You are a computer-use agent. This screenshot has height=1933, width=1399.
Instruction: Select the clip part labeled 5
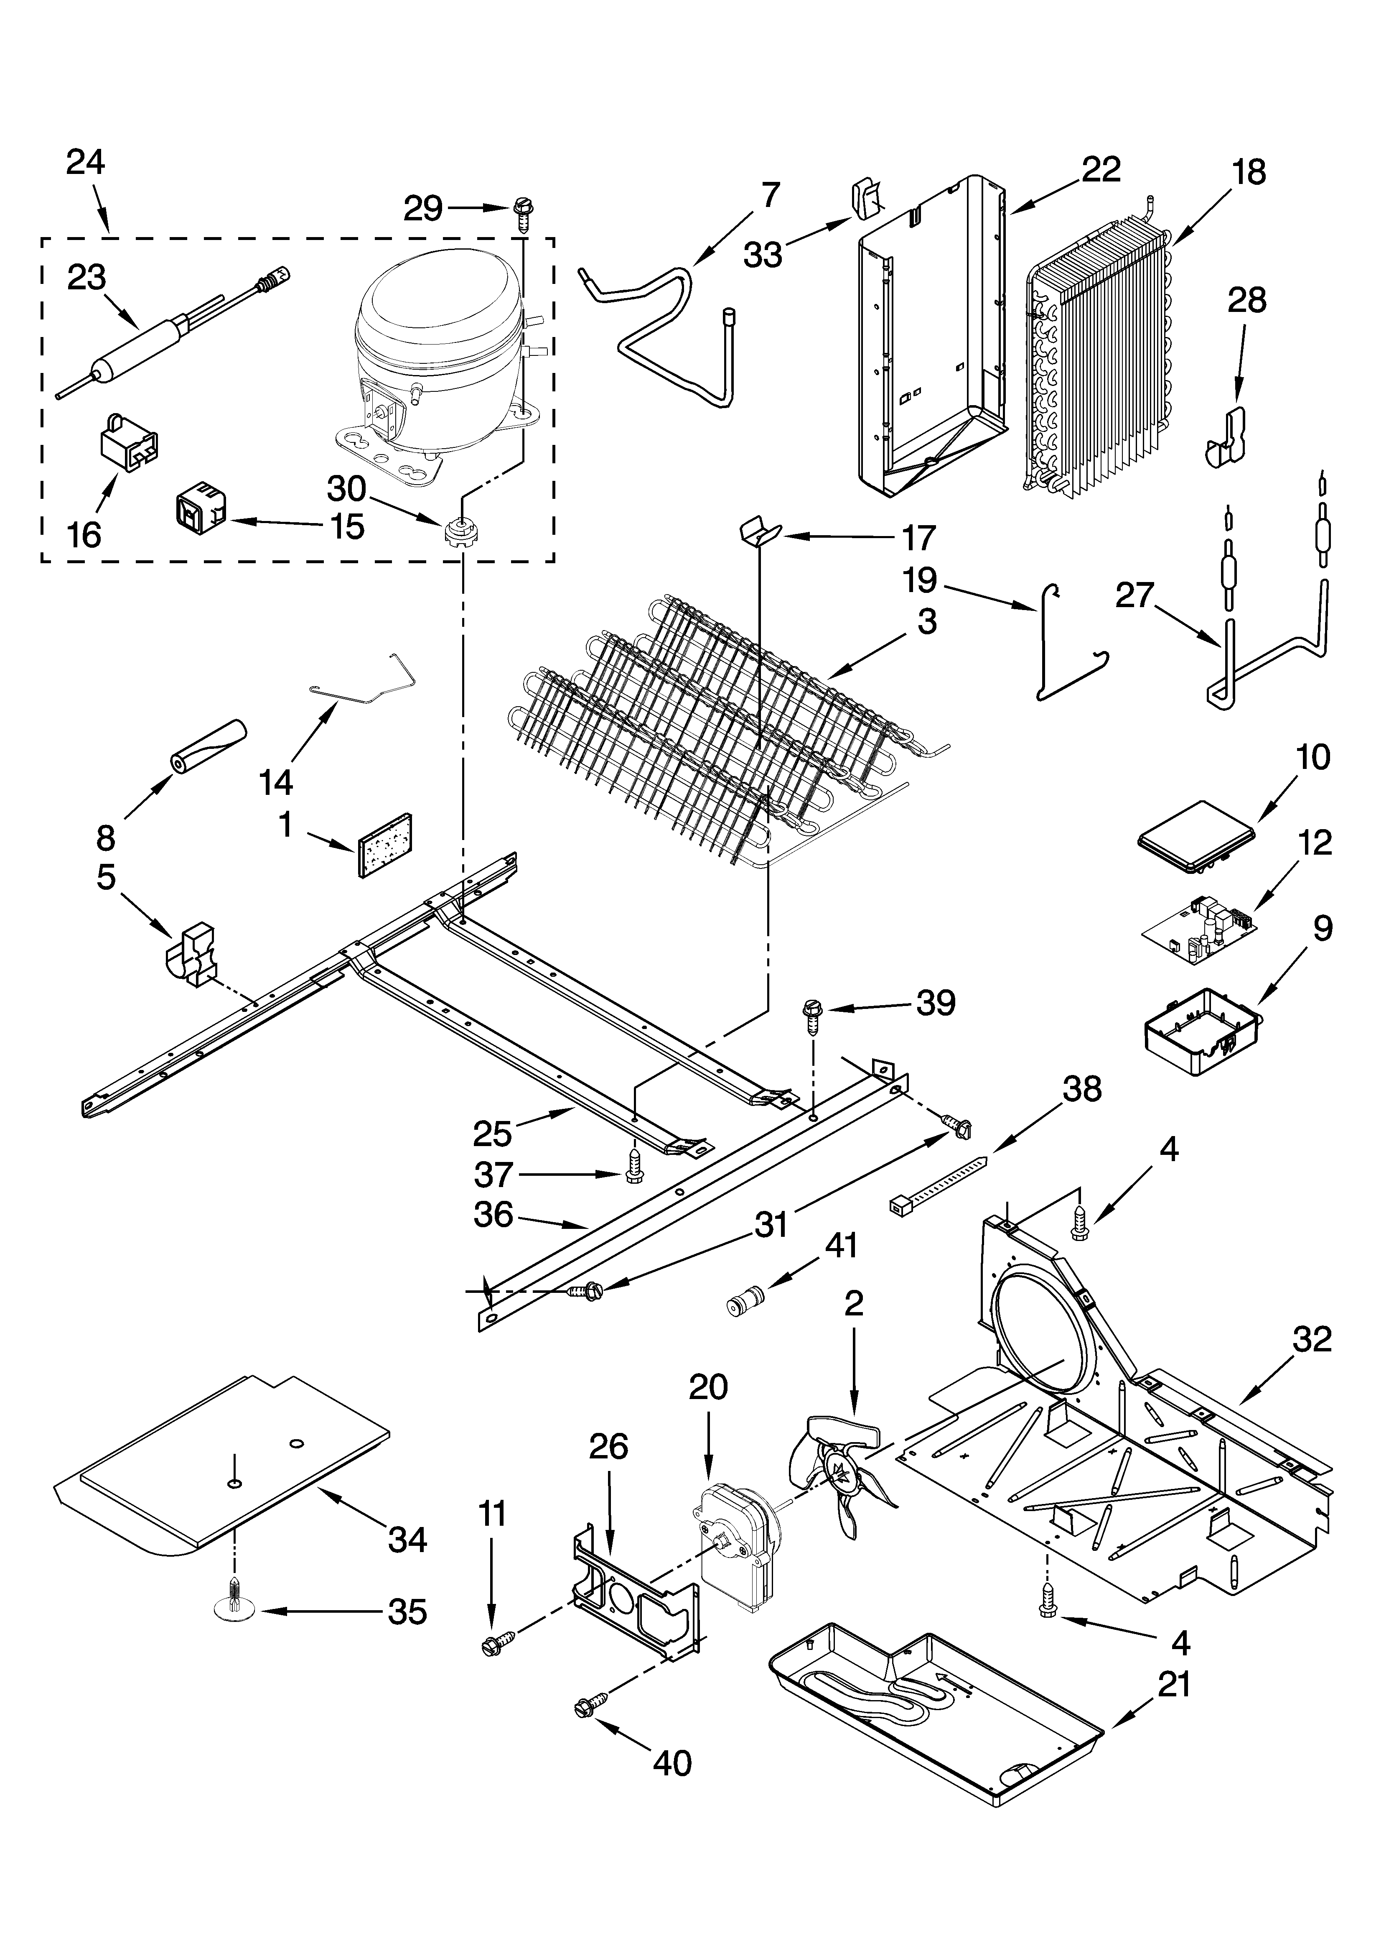[192, 955]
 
